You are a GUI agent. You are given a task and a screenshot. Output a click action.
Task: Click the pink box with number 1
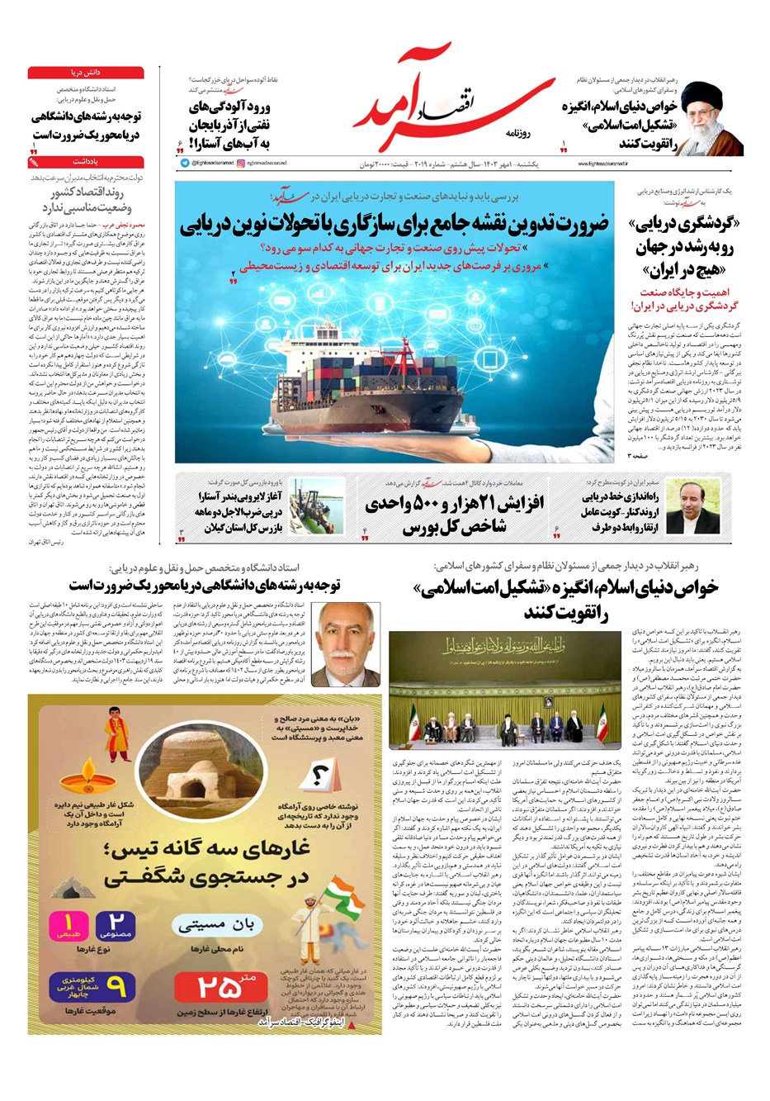tap(69, 926)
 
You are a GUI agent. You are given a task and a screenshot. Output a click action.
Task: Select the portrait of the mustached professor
tap(345, 643)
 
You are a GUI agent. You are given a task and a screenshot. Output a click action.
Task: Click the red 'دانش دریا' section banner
tap(86, 73)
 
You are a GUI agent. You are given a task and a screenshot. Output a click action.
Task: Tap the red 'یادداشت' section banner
tap(86, 162)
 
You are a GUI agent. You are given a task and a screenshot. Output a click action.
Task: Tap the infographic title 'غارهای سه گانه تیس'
tap(206, 863)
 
